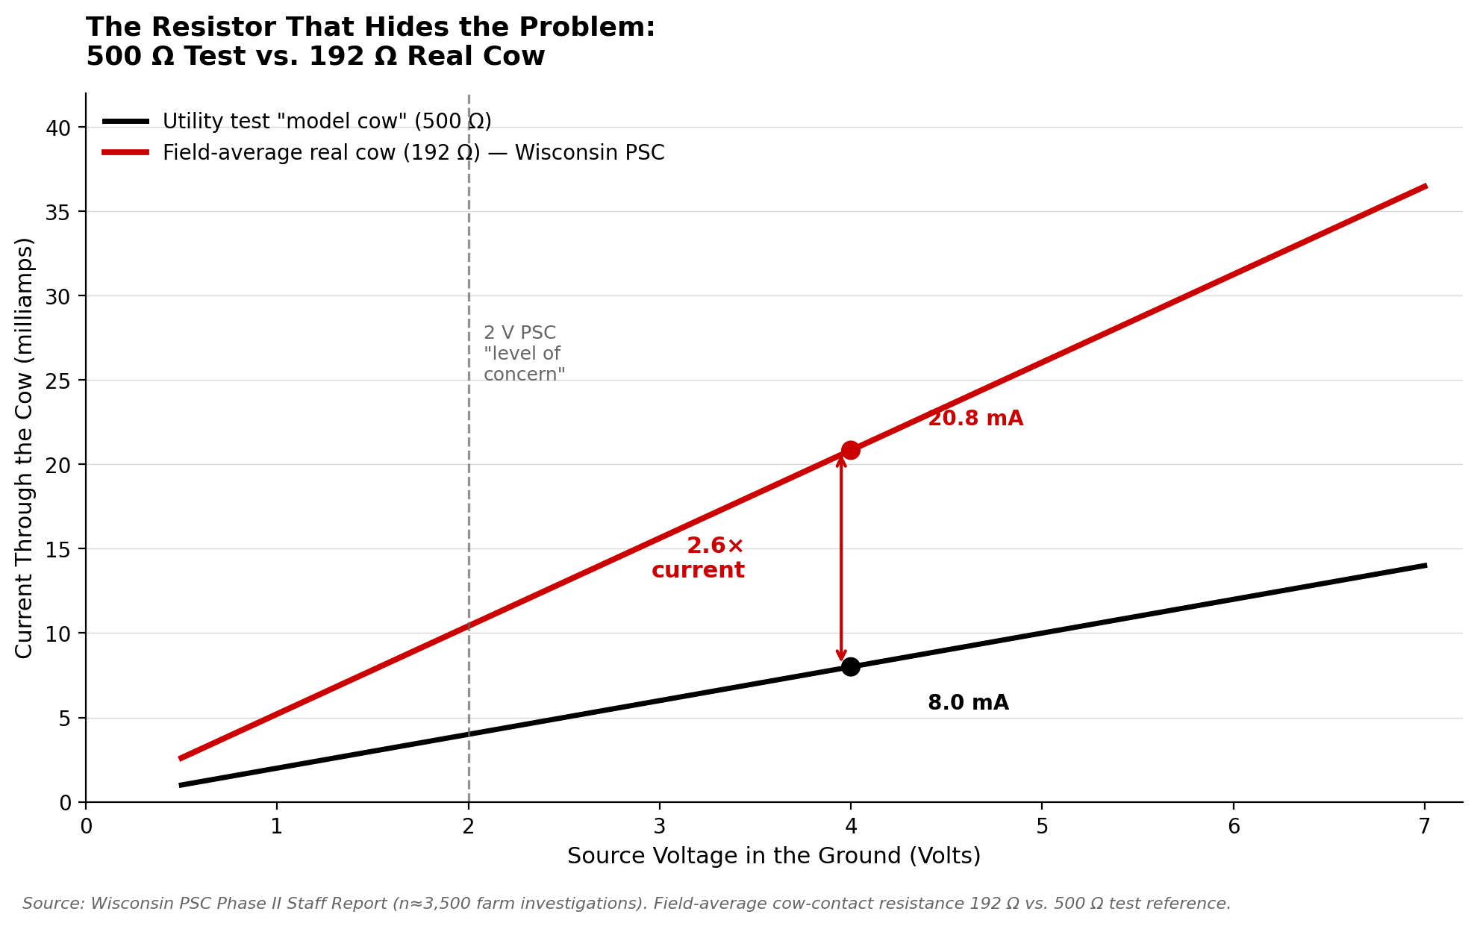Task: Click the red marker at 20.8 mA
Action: pyautogui.click(x=850, y=450)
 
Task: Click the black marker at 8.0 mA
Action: pyautogui.click(x=850, y=666)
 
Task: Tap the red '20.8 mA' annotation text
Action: pyautogui.click(x=975, y=419)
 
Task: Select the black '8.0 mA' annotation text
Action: pyautogui.click(x=968, y=703)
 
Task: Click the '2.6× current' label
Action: pyautogui.click(x=698, y=558)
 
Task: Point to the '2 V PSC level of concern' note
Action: pyautogui.click(x=523, y=354)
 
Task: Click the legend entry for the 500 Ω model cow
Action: pyautogui.click(x=326, y=121)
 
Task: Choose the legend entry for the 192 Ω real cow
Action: pyautogui.click(x=413, y=152)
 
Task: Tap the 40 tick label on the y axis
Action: pyautogui.click(x=58, y=128)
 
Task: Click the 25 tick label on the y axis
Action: pyautogui.click(x=58, y=381)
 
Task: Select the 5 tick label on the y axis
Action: pyautogui.click(x=64, y=719)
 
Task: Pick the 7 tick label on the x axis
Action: pyautogui.click(x=1424, y=827)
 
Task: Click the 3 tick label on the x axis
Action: pyautogui.click(x=659, y=827)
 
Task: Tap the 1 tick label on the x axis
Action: pyautogui.click(x=277, y=827)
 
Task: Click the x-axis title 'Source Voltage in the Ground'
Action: pyautogui.click(x=774, y=856)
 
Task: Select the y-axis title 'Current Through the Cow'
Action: pyautogui.click(x=25, y=448)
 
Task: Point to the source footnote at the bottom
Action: pyautogui.click(x=626, y=904)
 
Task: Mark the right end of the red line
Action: pyautogui.click(x=1425, y=186)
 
